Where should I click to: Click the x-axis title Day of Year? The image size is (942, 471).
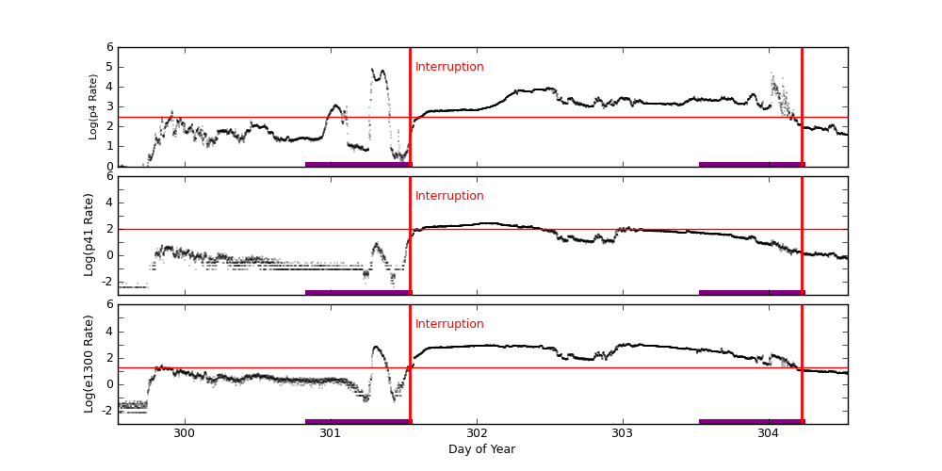click(x=481, y=449)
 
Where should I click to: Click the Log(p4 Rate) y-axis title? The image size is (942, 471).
click(x=93, y=106)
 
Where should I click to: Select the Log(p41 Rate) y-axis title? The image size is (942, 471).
click(x=89, y=235)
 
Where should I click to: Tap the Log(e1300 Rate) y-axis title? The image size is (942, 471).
click(x=89, y=364)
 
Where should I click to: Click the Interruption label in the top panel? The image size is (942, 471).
click(x=449, y=67)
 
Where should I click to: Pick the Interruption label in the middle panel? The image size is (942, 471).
click(x=449, y=196)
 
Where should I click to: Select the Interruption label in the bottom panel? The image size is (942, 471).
click(x=449, y=324)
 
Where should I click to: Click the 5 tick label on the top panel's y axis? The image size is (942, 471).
click(x=109, y=67)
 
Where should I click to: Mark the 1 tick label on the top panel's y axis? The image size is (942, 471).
click(x=109, y=146)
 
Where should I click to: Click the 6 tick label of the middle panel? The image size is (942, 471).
click(x=109, y=176)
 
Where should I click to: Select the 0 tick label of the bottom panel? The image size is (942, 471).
click(x=109, y=383)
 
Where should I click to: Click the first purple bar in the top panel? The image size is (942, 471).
click(x=358, y=164)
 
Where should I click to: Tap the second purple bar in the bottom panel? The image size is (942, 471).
click(x=752, y=421)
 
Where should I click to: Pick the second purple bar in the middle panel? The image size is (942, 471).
click(x=752, y=292)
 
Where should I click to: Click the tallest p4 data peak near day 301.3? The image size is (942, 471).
click(x=382, y=71)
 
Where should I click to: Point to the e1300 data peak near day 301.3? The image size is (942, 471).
click(x=376, y=347)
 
